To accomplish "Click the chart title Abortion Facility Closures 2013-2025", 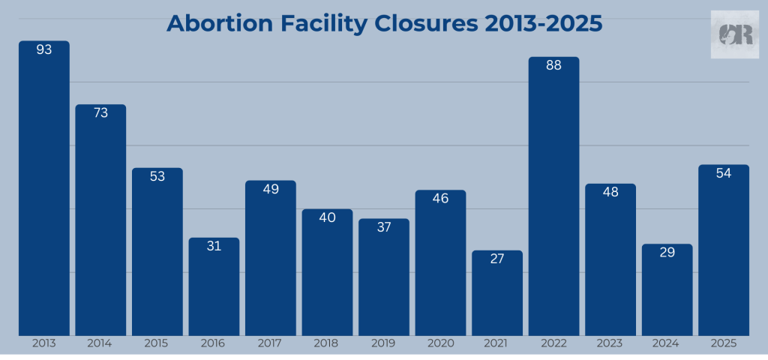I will pos(384,23).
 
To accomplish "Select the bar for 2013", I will pos(44,187).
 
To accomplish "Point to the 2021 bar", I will pos(497,292).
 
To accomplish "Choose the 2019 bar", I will pos(384,277).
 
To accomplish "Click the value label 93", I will pos(44,50).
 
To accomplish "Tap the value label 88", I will pos(553,66).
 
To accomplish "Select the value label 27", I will pos(497,259).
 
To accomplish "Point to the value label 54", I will pos(724,173).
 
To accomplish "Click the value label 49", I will pos(271,189).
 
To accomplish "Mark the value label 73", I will pos(100,113).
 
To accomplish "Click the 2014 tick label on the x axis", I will pos(100,343).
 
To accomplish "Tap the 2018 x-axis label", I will pos(327,343).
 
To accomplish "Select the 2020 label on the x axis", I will pos(440,343).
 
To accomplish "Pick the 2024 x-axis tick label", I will pos(667,343).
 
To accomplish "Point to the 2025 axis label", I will pos(724,343).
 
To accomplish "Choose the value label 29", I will pos(667,253).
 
